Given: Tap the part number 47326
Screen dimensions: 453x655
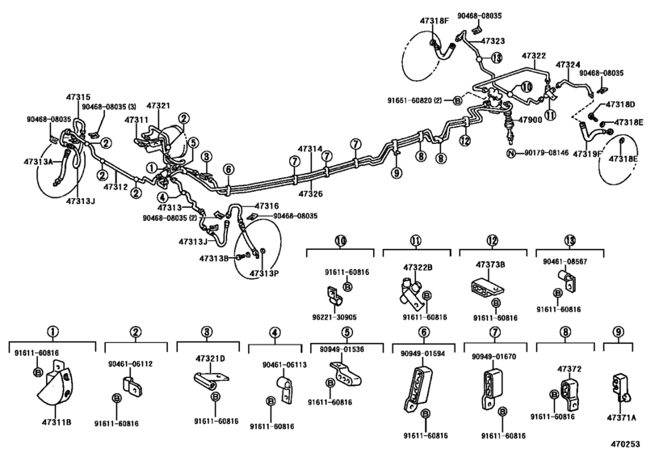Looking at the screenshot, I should point(310,194).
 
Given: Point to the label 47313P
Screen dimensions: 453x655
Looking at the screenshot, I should point(263,273).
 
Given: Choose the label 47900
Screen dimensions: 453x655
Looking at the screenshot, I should point(531,120).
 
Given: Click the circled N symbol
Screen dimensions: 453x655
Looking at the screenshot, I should point(510,153).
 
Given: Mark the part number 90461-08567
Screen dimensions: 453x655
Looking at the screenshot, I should point(563,261).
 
